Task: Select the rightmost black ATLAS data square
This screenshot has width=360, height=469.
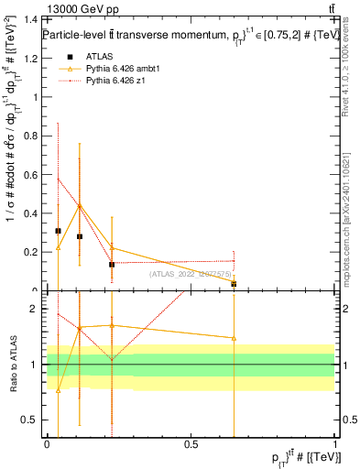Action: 234,284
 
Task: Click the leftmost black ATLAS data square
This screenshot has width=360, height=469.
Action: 58,231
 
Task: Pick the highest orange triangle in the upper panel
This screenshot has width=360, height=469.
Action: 80,206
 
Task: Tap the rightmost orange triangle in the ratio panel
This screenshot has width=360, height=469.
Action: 234,338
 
